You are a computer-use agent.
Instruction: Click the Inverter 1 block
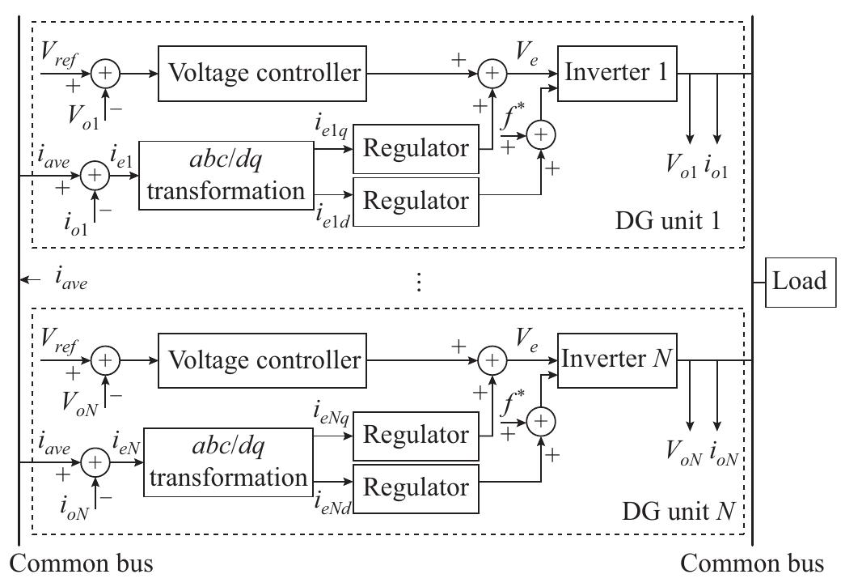tap(616, 73)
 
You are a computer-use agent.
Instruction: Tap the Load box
tap(799, 281)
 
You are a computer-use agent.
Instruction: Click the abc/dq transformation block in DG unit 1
tap(225, 176)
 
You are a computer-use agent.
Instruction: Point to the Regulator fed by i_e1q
tap(416, 149)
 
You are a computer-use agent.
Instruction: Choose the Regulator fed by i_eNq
tap(416, 436)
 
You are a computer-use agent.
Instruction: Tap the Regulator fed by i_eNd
tap(416, 487)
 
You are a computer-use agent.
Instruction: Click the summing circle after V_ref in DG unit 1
tap(105, 73)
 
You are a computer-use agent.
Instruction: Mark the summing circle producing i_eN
tap(96, 462)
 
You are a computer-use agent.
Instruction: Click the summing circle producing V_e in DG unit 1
tap(492, 74)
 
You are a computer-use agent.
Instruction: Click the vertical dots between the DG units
tap(418, 281)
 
